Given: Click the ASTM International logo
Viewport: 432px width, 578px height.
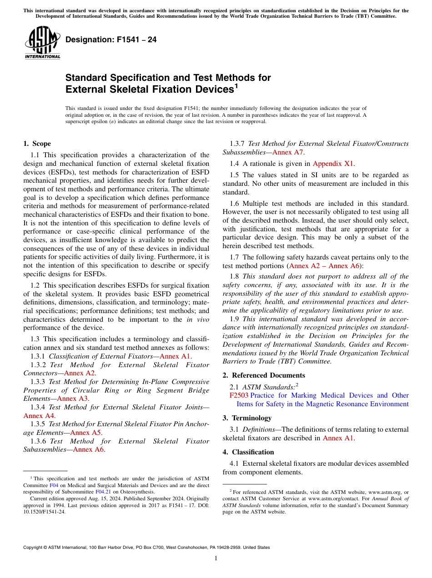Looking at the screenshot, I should pyautogui.click(x=42, y=43).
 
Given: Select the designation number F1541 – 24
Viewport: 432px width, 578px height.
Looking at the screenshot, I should pyautogui.click(x=111, y=40).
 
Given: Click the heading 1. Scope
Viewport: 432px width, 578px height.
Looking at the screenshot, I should pyautogui.click(x=37, y=144).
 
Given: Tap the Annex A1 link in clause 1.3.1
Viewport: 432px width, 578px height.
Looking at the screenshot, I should pyautogui.click(x=176, y=356).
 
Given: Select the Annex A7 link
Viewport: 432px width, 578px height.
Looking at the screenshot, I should pyautogui.click(x=288, y=152).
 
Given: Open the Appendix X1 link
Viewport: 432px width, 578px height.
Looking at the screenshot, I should pyautogui.click(x=333, y=164).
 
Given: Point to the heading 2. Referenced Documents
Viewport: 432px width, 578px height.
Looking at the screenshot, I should pyautogui.click(x=264, y=375).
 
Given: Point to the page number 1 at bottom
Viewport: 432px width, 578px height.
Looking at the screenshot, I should pyautogui.click(x=216, y=558).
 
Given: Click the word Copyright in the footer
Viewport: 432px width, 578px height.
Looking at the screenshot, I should pyautogui.click(x=35, y=548).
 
